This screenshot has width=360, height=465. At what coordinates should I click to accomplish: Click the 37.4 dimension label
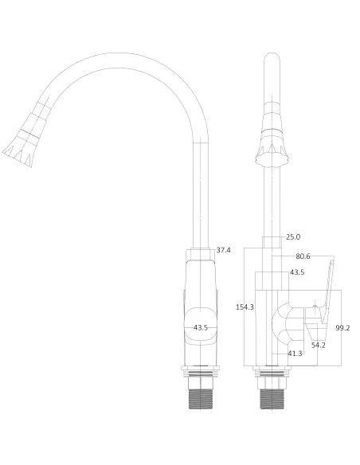coord(224,250)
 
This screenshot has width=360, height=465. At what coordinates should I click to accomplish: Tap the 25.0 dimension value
coord(293,236)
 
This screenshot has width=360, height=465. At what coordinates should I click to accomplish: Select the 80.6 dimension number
coord(303,256)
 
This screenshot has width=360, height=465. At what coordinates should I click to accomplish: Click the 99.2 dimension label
coord(343,327)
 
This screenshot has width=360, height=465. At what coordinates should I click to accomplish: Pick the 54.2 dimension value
coord(318,345)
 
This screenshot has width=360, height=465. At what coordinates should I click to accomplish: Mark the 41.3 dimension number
coord(295,353)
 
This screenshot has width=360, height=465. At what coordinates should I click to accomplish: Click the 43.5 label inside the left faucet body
coord(201,327)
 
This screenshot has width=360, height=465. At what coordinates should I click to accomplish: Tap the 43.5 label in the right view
coord(297,272)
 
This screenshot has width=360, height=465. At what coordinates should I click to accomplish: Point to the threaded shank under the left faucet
coord(202,394)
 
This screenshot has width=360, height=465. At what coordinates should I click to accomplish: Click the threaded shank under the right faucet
coord(272,394)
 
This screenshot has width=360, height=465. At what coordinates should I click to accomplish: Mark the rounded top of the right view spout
coord(271,61)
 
